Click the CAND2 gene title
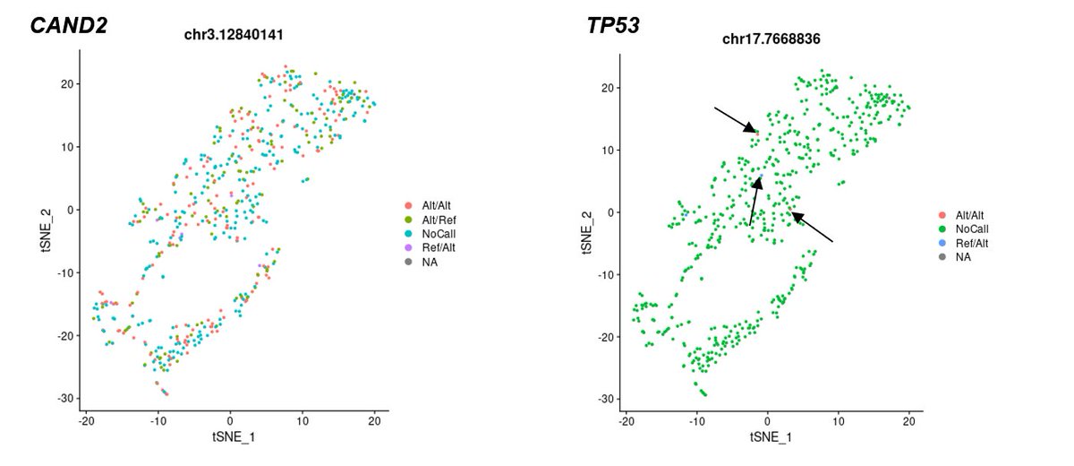[x=69, y=26]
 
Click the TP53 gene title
[x=609, y=26]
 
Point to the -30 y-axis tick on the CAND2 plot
[x=67, y=399]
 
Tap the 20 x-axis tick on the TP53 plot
[x=909, y=420]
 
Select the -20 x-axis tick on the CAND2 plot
[x=86, y=420]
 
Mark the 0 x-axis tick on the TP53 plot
[x=767, y=420]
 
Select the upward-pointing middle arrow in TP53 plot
[x=754, y=201]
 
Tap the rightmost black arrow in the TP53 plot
[x=812, y=227]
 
